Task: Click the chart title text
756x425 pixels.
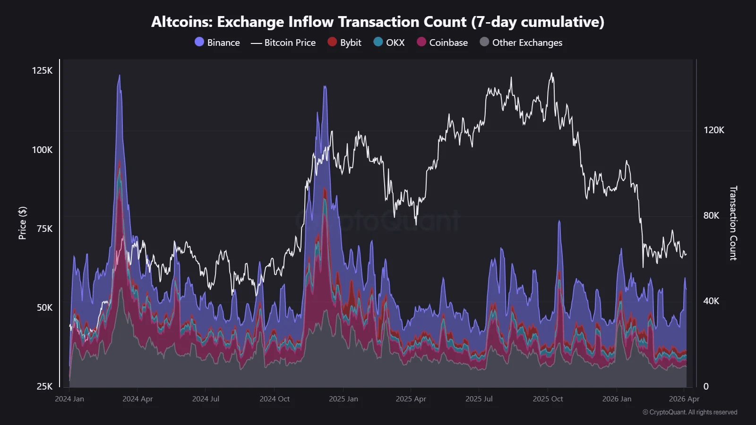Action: coord(378,22)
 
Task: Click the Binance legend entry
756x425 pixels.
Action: coord(218,42)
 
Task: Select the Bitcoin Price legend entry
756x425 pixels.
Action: coord(283,42)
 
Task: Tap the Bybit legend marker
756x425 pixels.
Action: coord(332,42)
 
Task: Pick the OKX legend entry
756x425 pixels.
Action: coord(389,42)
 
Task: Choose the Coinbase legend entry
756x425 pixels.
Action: coord(443,42)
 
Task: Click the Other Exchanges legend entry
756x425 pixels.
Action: coord(521,42)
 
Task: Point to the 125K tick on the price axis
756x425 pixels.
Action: coord(42,70)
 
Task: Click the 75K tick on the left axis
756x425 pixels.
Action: coord(44,229)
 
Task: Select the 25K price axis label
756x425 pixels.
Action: coord(44,386)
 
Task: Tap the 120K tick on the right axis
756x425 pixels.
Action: coord(713,130)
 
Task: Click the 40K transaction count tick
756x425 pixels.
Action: coord(711,301)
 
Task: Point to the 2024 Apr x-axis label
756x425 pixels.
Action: coord(137,399)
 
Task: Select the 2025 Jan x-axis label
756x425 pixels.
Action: coord(344,399)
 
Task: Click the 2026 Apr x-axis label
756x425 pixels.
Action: coord(684,399)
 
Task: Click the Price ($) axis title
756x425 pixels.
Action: coord(22,223)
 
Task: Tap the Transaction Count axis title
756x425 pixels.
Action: coord(733,223)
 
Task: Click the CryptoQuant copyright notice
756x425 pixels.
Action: coord(690,412)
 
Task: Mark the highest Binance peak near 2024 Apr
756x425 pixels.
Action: coord(119,76)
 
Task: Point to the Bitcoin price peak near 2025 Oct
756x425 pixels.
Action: coord(551,73)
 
